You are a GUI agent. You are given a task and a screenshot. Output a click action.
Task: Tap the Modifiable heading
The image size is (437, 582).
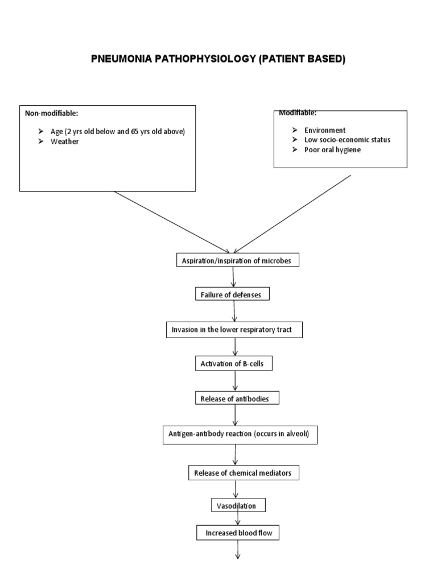[298, 113]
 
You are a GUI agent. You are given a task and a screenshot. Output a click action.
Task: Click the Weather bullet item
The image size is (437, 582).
[65, 142]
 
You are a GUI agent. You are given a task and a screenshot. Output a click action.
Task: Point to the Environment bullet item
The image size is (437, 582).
[325, 130]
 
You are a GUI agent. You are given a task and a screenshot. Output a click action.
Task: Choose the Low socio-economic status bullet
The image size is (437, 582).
[348, 140]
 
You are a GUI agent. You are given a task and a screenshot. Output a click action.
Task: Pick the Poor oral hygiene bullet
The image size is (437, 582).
[333, 149]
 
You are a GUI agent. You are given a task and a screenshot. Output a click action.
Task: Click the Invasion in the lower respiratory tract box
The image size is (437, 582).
[234, 330]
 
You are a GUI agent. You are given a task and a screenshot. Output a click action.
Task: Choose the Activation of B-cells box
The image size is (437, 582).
[232, 364]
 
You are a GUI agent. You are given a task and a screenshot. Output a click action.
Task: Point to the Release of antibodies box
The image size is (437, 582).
[237, 399]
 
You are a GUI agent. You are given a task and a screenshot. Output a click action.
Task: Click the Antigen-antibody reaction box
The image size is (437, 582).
[240, 435]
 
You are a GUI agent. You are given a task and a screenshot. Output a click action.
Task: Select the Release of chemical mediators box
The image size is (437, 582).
[243, 473]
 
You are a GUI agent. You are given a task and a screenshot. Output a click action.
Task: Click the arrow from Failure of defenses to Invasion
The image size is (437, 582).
[234, 311]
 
